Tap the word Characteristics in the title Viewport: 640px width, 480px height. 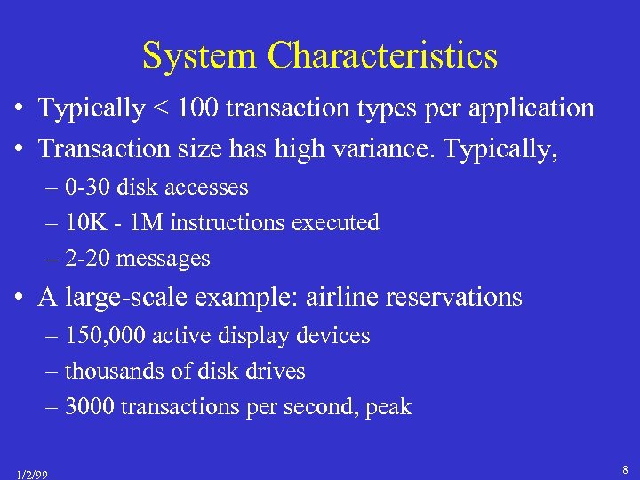383,57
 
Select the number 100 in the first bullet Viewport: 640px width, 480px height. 196,108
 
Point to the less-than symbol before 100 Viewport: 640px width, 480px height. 161,109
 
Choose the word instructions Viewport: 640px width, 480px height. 221,223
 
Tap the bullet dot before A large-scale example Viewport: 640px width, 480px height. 18,298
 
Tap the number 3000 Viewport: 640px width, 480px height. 90,407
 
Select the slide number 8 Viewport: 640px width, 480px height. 626,469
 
